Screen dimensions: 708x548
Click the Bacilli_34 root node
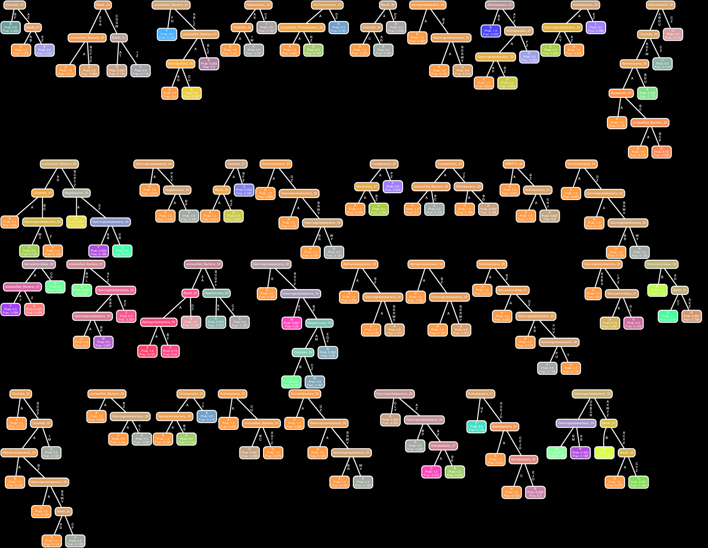[x=388, y=5]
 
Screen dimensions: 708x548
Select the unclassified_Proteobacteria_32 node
[x=302, y=28]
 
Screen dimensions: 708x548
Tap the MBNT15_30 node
[x=514, y=164]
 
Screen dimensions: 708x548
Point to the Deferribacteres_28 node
[x=492, y=264]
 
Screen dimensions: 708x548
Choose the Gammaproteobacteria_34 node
[x=154, y=164]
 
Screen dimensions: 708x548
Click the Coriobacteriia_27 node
[x=384, y=164]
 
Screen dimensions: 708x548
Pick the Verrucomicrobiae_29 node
[x=39, y=264]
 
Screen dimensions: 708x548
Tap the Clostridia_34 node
[x=371, y=28]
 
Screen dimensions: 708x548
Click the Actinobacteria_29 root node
[x=585, y=5]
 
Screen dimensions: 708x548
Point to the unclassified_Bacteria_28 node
[x=107, y=394]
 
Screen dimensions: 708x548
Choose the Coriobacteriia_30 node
[x=191, y=394]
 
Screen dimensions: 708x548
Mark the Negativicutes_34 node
[x=177, y=190]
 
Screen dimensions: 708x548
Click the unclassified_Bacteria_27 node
[x=22, y=287]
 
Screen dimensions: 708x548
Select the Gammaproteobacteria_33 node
[x=576, y=423]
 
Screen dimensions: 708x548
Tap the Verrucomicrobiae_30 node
[x=661, y=264]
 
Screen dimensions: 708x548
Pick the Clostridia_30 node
[x=648, y=34]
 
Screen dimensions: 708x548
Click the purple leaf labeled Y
[x=10, y=309]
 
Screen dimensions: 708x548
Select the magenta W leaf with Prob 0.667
[x=291, y=323]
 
